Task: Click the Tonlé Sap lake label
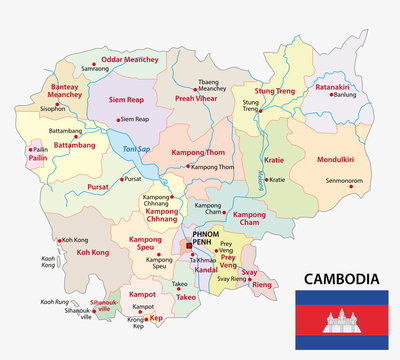point(134,149)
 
